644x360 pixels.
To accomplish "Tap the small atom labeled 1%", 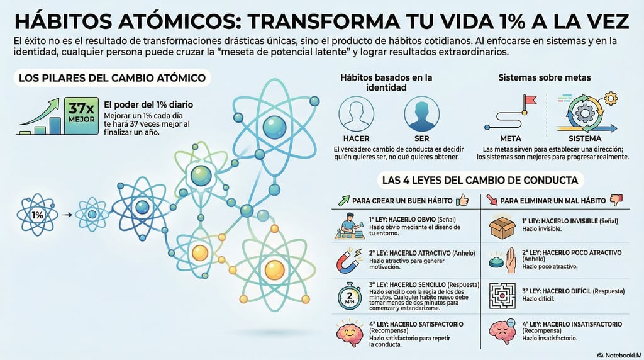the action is [38, 215].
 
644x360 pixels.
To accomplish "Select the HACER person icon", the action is [356, 115].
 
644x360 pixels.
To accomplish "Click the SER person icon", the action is [421, 115].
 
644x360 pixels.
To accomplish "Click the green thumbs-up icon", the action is [463, 200].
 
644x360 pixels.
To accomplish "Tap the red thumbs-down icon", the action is [616, 200].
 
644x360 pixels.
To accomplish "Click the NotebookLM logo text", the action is [619, 355].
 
